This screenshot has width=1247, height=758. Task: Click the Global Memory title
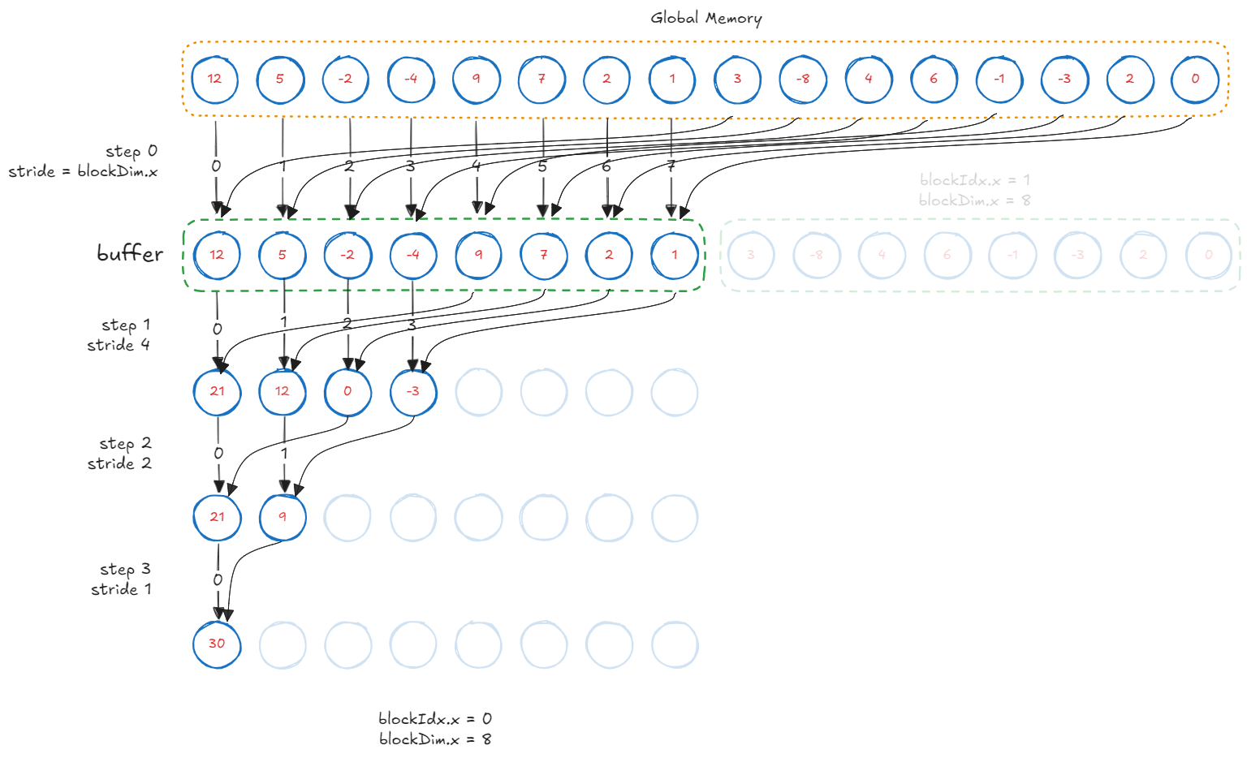(705, 18)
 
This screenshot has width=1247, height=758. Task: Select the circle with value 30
(217, 644)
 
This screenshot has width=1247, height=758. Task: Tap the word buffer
(130, 254)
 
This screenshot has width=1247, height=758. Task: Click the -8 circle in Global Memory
(803, 80)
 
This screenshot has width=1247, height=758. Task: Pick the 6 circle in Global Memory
(934, 80)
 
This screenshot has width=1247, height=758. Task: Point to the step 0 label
(132, 151)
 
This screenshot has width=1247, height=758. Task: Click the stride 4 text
(119, 345)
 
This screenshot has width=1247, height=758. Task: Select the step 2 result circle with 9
(283, 517)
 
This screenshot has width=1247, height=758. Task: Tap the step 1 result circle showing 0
(347, 392)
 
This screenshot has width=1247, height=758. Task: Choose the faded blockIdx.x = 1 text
(975, 180)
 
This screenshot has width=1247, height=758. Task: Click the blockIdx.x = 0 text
(435, 719)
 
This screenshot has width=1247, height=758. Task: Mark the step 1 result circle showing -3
(413, 392)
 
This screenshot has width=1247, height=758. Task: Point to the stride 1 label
(121, 589)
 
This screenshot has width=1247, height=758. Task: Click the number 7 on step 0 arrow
(671, 166)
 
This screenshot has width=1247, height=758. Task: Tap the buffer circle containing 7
(544, 255)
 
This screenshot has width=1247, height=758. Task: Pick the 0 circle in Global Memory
(1195, 80)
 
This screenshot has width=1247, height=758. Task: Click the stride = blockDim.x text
(83, 171)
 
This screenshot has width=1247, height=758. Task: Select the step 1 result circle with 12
(283, 392)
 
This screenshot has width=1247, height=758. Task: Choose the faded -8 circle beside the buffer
(817, 255)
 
